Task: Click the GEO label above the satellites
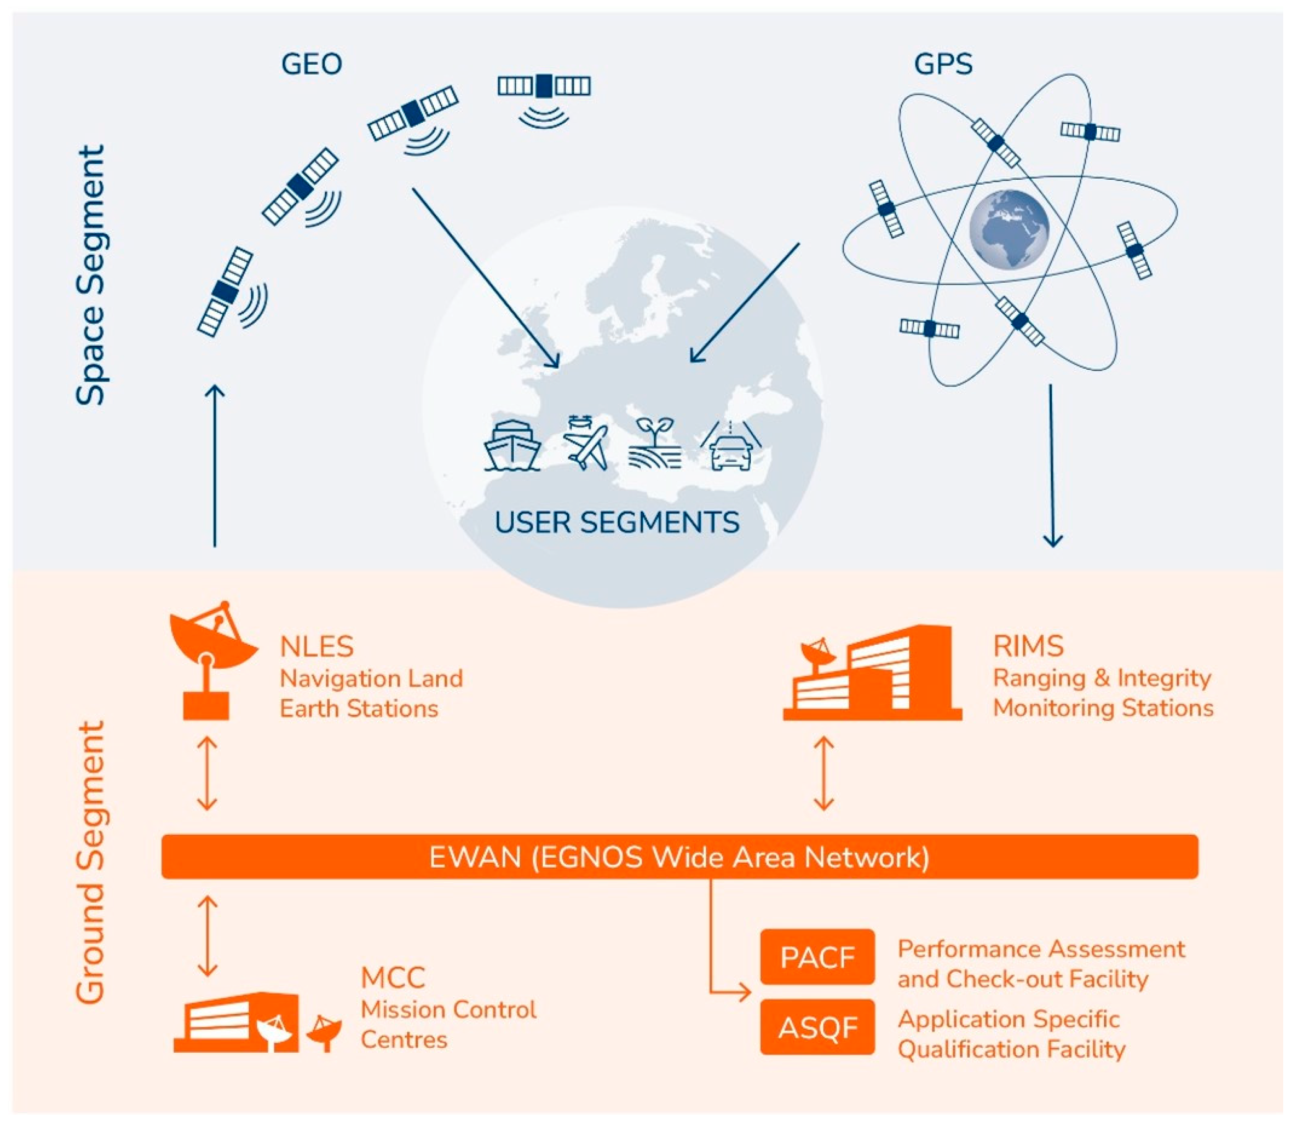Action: pos(311,64)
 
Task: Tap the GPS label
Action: pos(943,64)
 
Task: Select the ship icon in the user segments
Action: pos(512,445)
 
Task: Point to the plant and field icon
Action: pos(655,444)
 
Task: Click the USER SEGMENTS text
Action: pos(617,522)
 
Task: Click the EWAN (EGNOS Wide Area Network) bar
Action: pos(680,857)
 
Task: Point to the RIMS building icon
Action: pos(874,674)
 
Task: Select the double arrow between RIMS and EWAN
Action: pos(823,773)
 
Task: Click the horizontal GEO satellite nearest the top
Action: pos(544,86)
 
